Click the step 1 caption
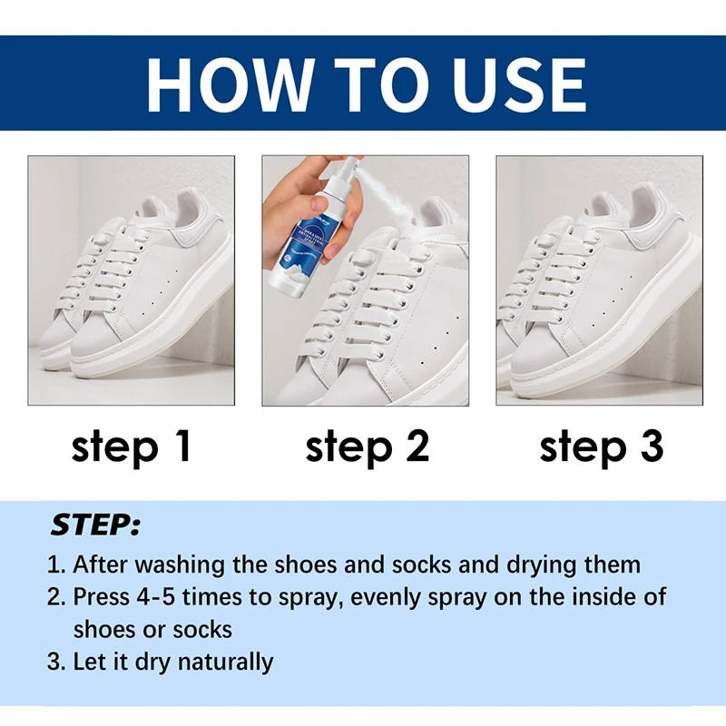132,447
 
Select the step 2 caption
367,447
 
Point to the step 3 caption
602,447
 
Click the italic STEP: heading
95,525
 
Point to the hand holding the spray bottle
289,204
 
